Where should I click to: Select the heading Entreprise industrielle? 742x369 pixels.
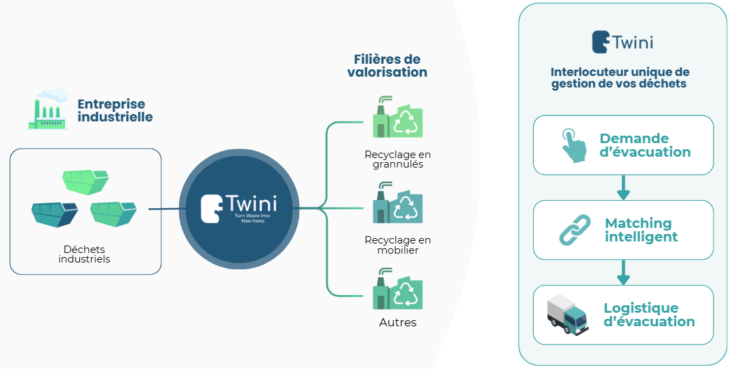[x=115, y=111]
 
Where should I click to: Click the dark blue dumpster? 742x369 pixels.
[x=54, y=214]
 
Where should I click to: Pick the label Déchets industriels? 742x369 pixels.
[x=84, y=254]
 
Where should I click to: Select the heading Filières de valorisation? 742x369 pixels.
[x=387, y=66]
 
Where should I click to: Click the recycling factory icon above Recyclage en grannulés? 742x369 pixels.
[x=397, y=119]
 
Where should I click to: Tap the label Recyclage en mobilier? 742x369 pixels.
[x=397, y=245]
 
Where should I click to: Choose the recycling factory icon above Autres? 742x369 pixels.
[x=397, y=290]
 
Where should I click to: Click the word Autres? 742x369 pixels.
[x=397, y=322]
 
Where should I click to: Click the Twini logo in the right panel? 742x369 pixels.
[x=622, y=42]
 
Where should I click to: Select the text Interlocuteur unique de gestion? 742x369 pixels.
[x=619, y=78]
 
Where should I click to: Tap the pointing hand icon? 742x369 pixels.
[x=573, y=144]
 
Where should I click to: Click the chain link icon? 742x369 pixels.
[x=574, y=229]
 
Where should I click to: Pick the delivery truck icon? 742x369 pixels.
[x=567, y=314]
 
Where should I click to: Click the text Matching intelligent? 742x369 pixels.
[x=640, y=230]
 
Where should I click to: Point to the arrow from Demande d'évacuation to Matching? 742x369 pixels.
[x=623, y=188]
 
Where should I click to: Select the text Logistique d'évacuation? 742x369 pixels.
[x=649, y=315]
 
